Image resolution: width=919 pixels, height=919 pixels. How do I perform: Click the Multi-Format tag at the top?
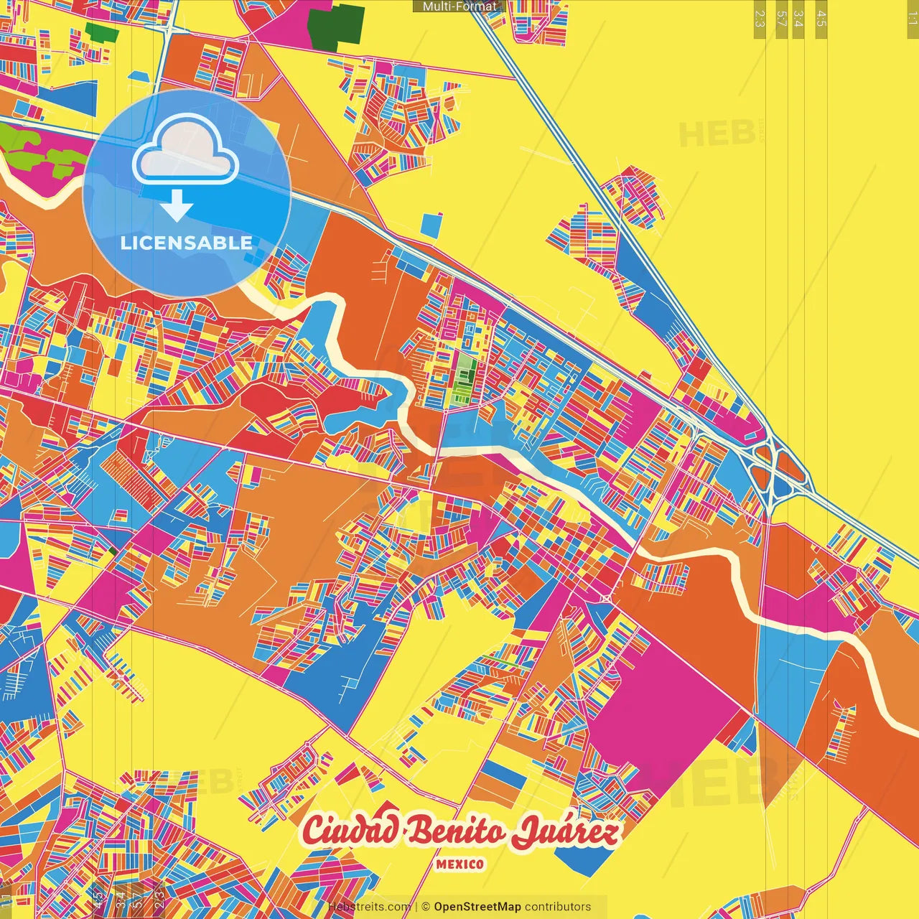tap(459, 6)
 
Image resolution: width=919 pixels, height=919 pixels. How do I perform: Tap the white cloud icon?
tap(185, 151)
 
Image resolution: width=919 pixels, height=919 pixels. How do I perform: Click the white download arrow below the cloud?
tap(177, 205)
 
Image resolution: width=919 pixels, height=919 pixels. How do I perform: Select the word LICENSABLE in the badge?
tap(187, 243)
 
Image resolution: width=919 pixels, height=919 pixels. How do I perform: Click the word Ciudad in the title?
tap(350, 831)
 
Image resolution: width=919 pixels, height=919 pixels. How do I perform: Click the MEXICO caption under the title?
tap(459, 864)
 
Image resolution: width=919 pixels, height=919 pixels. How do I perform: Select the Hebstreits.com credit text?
tap(369, 907)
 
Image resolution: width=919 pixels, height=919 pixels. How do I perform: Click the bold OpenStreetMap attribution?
tap(477, 907)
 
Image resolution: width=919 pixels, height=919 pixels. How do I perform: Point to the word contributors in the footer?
tap(558, 907)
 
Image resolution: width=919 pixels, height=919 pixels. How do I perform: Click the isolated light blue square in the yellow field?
tap(431, 225)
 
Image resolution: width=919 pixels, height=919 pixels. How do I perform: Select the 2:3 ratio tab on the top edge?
tap(760, 19)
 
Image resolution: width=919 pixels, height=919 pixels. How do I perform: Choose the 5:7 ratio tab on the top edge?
tap(781, 19)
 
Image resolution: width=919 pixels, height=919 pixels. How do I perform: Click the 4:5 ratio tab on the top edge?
tap(821, 19)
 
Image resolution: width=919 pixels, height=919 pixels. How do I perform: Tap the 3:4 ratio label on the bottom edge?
tap(119, 897)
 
